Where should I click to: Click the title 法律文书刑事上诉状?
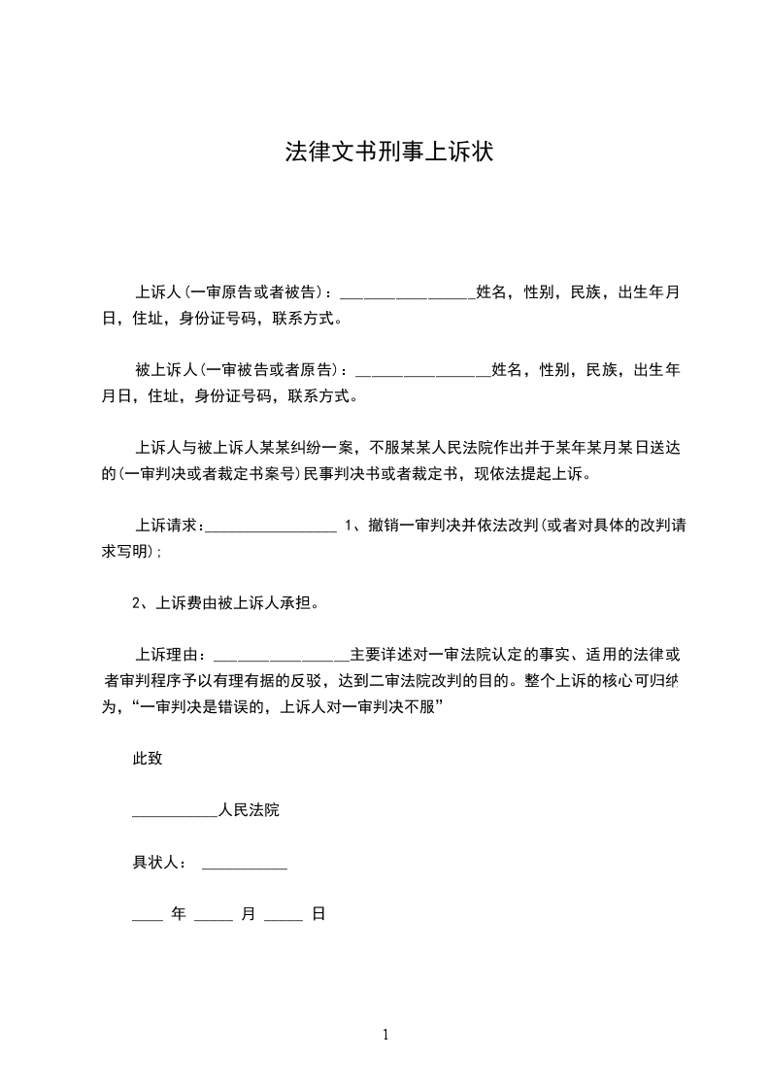tap(385, 152)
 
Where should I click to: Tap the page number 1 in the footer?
tap(385, 1035)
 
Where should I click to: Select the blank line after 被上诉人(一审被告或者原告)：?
tap(424, 371)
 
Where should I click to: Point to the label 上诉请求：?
tap(169, 527)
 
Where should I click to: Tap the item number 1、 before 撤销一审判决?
tap(353, 527)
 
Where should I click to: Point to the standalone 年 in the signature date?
tap(178, 914)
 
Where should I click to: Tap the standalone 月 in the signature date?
tap(248, 914)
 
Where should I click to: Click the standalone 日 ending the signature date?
tap(318, 914)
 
